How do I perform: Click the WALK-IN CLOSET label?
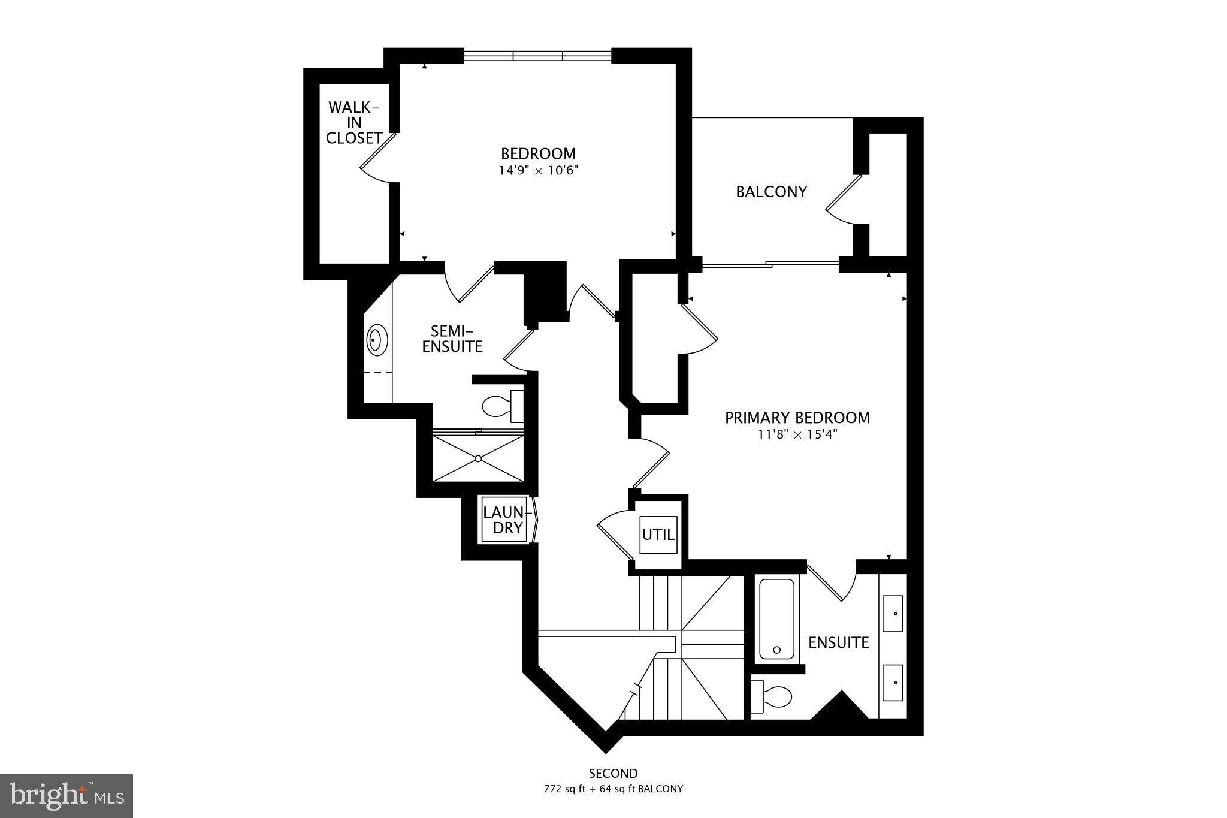tap(353, 123)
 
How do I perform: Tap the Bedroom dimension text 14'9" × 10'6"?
tap(538, 171)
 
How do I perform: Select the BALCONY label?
tap(771, 192)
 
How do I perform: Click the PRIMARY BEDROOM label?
tap(797, 418)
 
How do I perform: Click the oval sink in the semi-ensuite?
tap(376, 340)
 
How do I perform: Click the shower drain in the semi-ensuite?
tap(478, 459)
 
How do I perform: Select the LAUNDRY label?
tap(504, 520)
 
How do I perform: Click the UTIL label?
tap(658, 534)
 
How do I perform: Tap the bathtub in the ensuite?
tap(776, 618)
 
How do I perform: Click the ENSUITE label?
tap(838, 643)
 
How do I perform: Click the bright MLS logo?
tap(66, 796)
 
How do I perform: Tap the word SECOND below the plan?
tap(613, 774)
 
